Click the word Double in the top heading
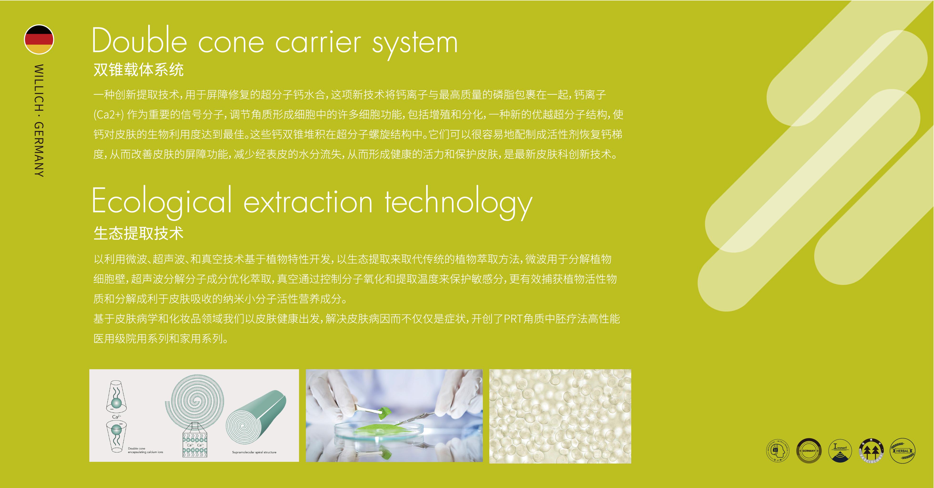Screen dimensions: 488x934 pos(140,42)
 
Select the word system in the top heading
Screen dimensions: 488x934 pos(415,44)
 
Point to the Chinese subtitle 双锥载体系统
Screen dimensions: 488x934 pos(138,70)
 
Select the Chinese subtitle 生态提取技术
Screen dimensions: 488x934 pos(138,233)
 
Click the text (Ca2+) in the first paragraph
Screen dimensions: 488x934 pos(108,115)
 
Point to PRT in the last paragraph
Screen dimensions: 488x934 pos(513,319)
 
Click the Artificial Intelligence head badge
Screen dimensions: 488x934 pos(778,451)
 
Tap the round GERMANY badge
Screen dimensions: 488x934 pos(808,451)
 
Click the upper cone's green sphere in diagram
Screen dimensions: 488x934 pos(116,403)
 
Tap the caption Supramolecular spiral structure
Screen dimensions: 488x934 pos(254,452)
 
